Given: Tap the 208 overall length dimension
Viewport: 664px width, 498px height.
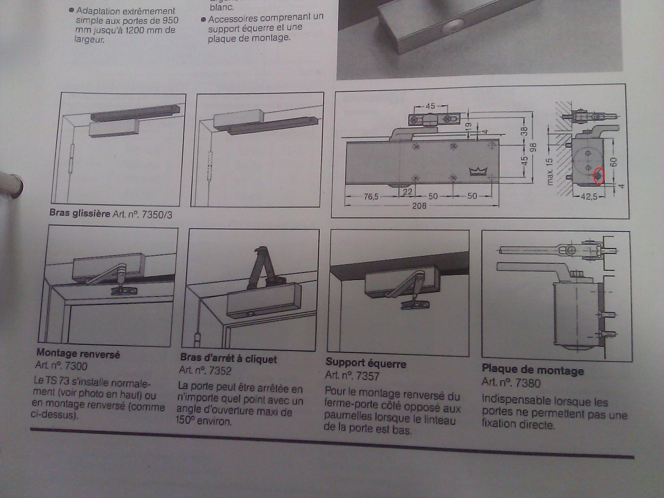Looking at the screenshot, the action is coord(419,206).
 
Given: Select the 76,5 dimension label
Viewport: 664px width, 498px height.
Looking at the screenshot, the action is coord(371,197).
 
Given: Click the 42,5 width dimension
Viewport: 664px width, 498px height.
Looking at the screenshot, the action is coord(589,197).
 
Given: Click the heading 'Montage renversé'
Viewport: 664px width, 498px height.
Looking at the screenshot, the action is coord(78,353).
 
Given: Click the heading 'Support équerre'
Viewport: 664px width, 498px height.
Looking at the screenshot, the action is coord(366,364).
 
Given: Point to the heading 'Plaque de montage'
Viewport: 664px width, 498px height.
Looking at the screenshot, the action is coord(533,370).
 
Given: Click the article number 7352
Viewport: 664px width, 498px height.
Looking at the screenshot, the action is coord(219,371).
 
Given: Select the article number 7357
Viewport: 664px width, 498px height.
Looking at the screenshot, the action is coord(367,376).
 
